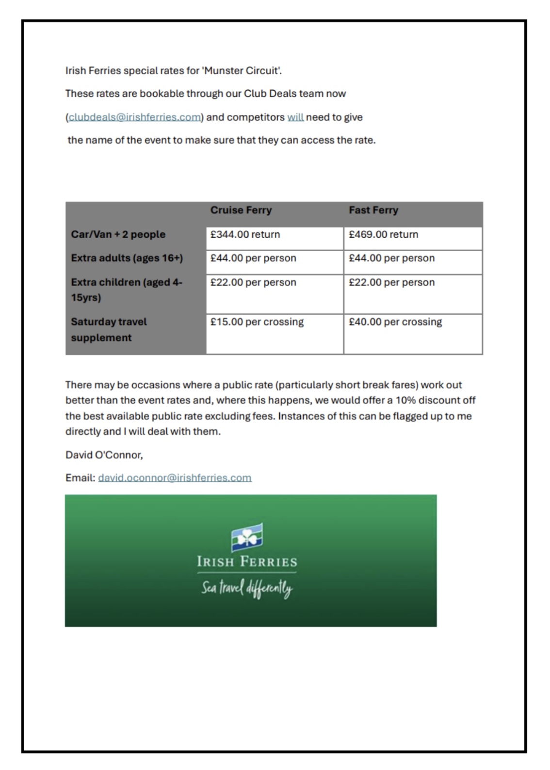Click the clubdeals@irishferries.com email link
(x=134, y=117)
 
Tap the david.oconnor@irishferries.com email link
(x=175, y=478)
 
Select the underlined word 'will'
(x=295, y=117)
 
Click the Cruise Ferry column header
(x=241, y=210)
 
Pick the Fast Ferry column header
(x=373, y=210)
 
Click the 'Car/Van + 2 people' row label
(x=118, y=235)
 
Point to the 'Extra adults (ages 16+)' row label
(x=127, y=258)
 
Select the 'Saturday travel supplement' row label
(x=109, y=330)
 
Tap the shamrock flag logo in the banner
(x=247, y=537)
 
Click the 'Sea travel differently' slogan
(x=247, y=589)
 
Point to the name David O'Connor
(x=104, y=455)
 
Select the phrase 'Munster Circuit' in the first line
(x=241, y=71)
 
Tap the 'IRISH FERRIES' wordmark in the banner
(x=247, y=562)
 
